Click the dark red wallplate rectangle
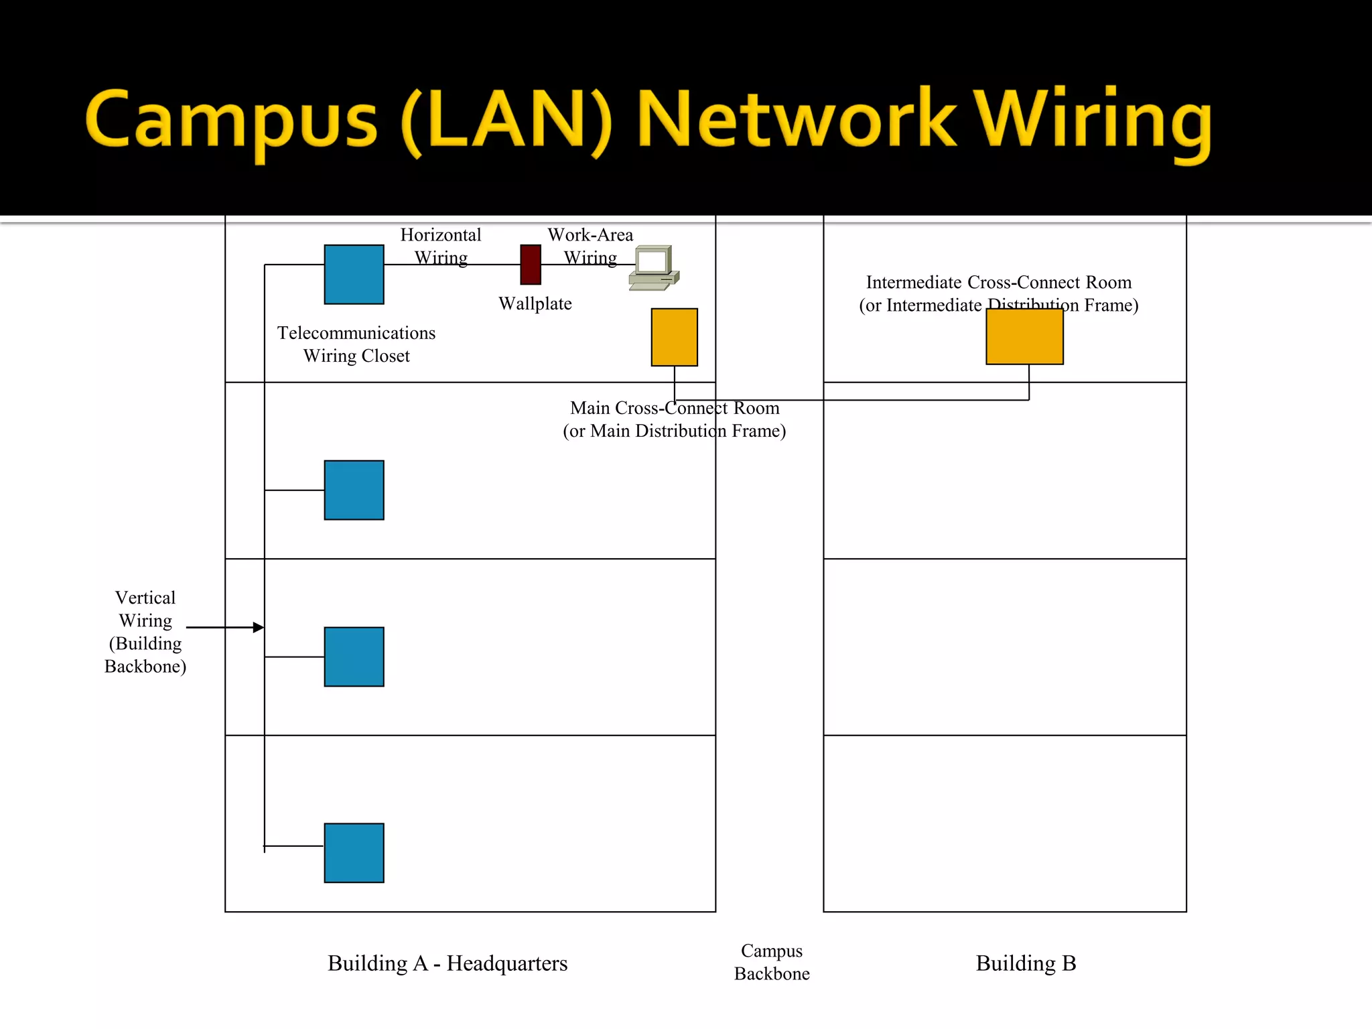click(x=531, y=265)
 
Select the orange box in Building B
click(x=1024, y=336)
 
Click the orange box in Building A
click(x=674, y=337)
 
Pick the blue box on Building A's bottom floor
click(x=354, y=853)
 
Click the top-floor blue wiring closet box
click(x=354, y=274)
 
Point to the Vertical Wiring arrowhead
click(x=259, y=628)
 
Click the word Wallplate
click(x=535, y=304)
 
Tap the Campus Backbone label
click(x=772, y=962)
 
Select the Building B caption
click(x=1026, y=963)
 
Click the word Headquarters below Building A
click(x=507, y=963)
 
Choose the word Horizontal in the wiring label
click(x=441, y=235)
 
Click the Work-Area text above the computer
click(x=590, y=235)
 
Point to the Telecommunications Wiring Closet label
click(x=356, y=344)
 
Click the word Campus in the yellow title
click(x=231, y=121)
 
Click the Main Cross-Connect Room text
click(x=675, y=408)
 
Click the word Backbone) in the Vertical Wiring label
click(x=145, y=667)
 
